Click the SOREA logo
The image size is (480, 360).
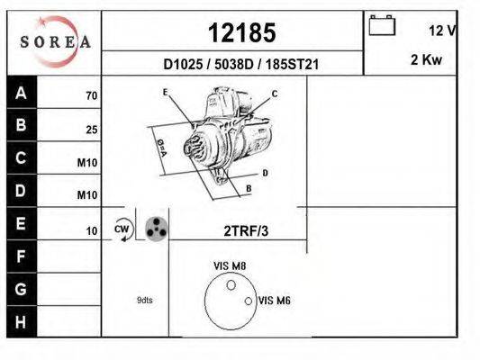pos(56,42)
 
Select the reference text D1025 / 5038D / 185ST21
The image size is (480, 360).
pos(241,65)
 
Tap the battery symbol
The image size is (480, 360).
pos(382,27)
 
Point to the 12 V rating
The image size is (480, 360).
pos(442,31)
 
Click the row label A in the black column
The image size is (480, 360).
pos(22,93)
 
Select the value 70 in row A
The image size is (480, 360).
pos(91,95)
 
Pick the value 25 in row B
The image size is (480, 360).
pos(91,130)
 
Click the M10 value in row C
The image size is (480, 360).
pos(87,163)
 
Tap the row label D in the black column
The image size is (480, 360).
pos(22,191)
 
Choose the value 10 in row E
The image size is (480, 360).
pos(91,231)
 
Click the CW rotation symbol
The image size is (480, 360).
pos(122,229)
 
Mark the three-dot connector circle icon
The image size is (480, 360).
pos(156,229)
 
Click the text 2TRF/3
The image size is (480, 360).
pos(246,231)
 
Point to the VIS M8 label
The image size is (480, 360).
pos(230,265)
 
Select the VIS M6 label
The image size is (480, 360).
pos(275,301)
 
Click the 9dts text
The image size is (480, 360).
pos(144,301)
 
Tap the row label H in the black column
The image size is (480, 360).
pos(22,321)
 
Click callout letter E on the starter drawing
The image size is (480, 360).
pos(166,93)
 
